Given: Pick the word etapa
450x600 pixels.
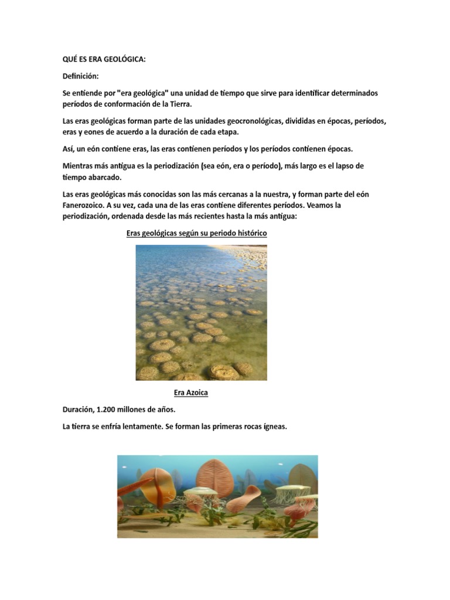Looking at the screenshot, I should click(227, 132).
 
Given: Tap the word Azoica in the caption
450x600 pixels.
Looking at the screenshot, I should click(197, 393).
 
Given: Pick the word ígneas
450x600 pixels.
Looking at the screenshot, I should click(273, 427).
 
